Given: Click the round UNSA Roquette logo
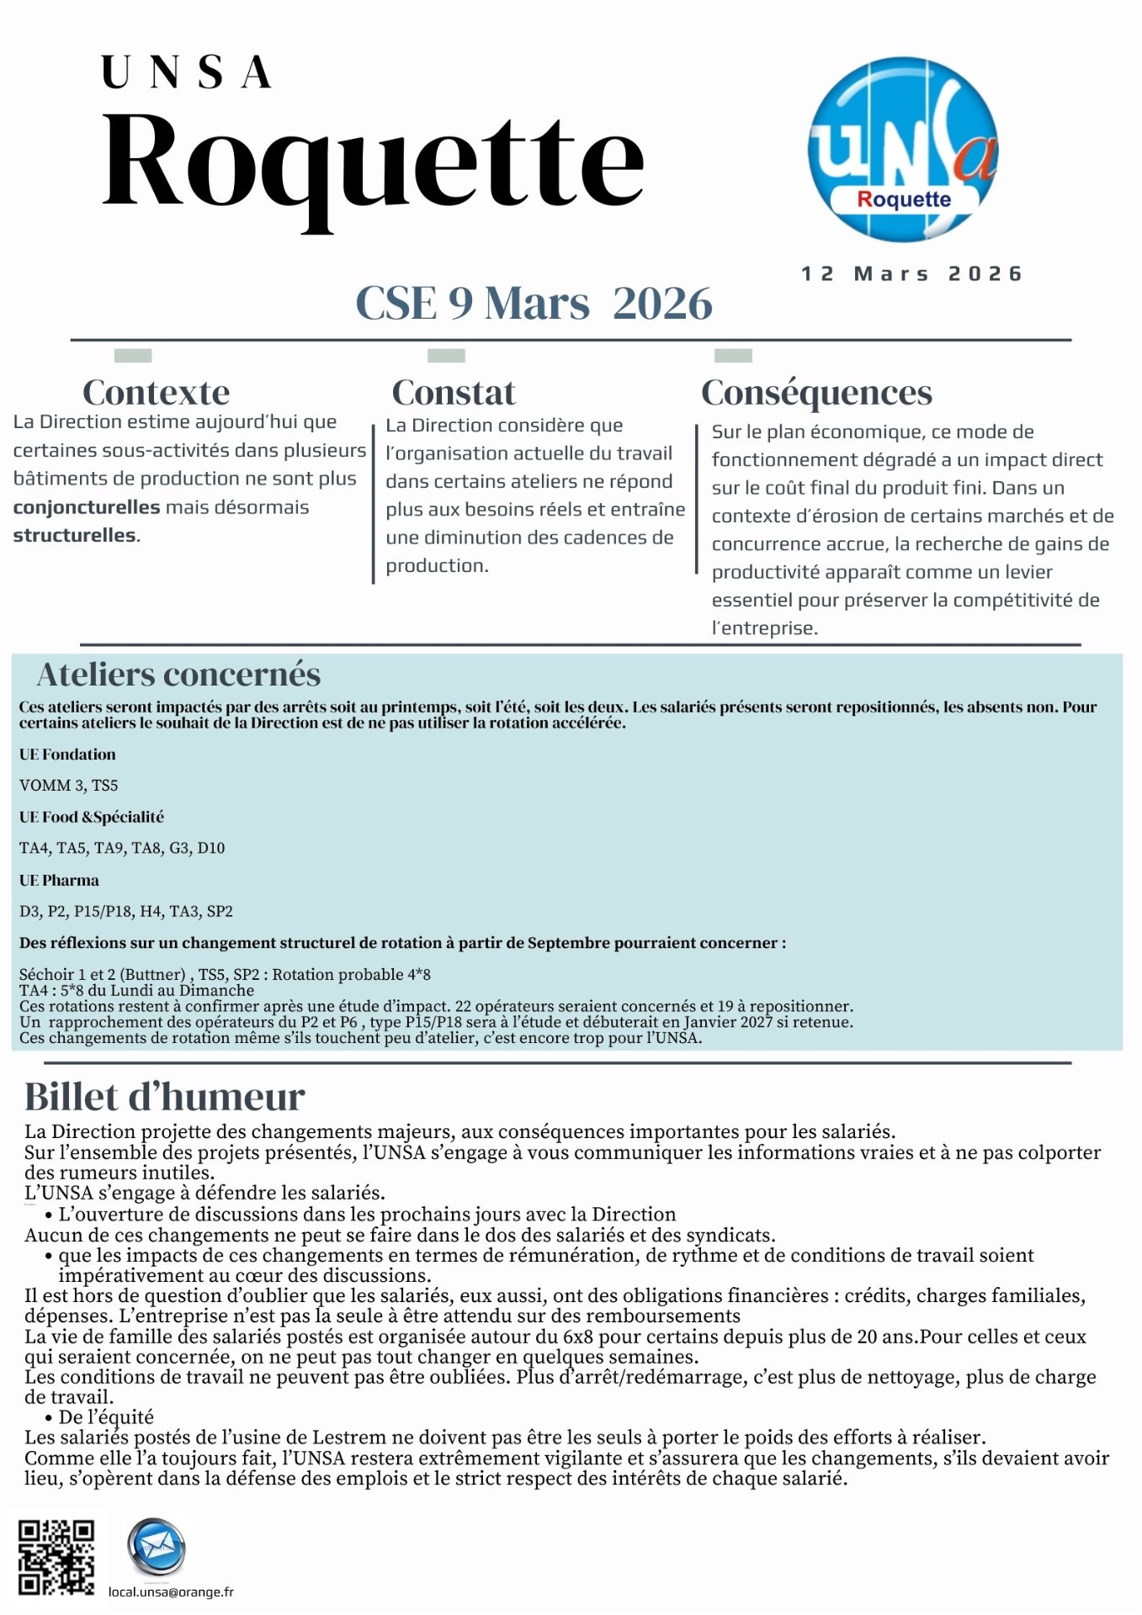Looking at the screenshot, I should point(903,150).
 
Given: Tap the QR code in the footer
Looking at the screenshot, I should point(56,1557).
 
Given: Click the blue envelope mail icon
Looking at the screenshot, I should point(156,1546).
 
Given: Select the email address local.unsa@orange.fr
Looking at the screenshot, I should point(171,1591).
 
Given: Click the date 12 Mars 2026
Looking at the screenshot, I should point(911,274).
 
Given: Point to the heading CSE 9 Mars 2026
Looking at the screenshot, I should point(534,303).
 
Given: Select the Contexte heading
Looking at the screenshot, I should point(156,393).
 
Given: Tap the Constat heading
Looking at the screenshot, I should point(454,393).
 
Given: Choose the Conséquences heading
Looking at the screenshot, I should point(816,393).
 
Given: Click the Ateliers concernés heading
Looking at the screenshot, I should point(178,675).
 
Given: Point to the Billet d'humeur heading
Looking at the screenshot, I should point(164,1097).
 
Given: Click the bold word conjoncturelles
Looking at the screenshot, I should point(86,507).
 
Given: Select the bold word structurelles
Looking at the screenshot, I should point(74,535).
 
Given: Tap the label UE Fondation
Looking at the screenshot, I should point(67,755).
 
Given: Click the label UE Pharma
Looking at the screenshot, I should point(59,881).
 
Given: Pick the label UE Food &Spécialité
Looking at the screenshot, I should point(92,817).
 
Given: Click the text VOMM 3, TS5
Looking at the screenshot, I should point(69,786).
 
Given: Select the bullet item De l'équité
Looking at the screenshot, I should point(106,1417).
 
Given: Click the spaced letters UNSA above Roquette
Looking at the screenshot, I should point(187,72).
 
